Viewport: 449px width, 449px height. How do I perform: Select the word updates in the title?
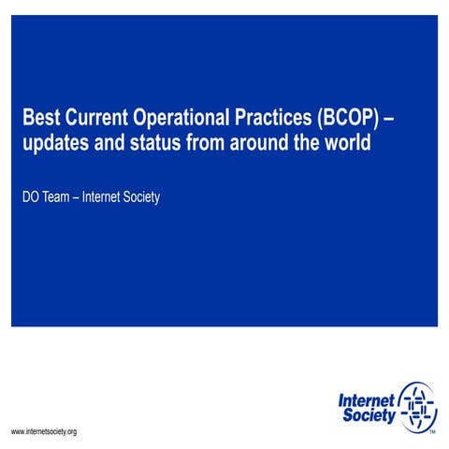tap(54, 146)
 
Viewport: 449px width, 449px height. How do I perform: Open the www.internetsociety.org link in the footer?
tap(44, 431)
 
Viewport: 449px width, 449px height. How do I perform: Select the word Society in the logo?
tap(367, 415)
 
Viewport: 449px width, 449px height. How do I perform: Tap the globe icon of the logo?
tap(416, 406)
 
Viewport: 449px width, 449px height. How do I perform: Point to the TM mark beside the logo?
tap(431, 433)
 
